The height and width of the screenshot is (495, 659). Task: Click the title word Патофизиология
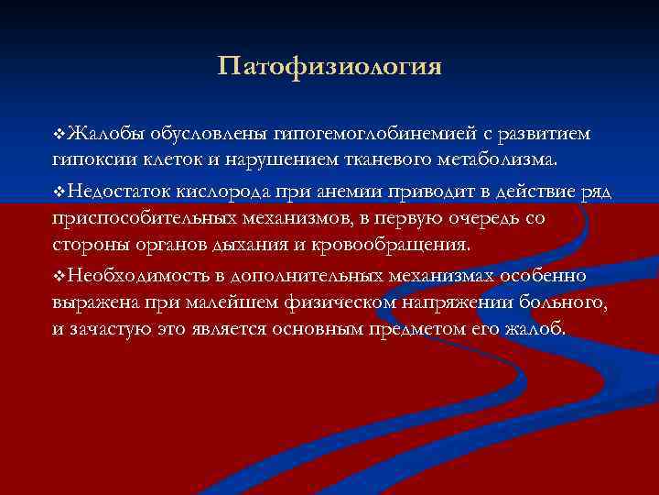[330, 68]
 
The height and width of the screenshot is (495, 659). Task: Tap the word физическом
[319, 302]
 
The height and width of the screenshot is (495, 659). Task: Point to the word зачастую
[110, 328]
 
